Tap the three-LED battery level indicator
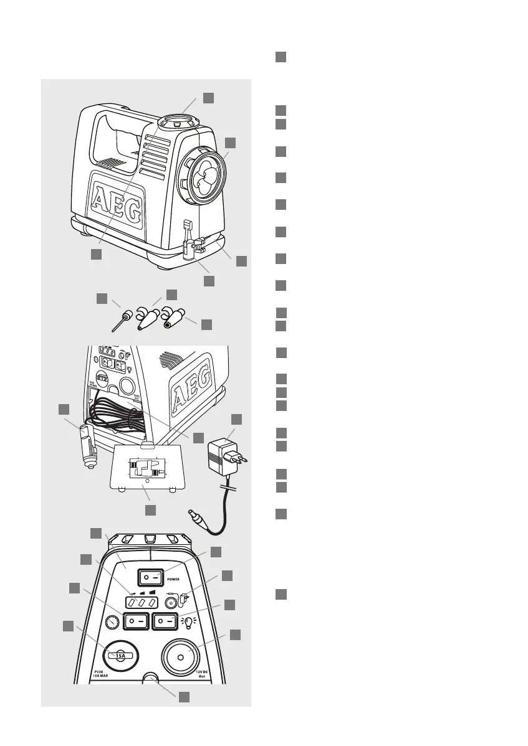pyautogui.click(x=139, y=602)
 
